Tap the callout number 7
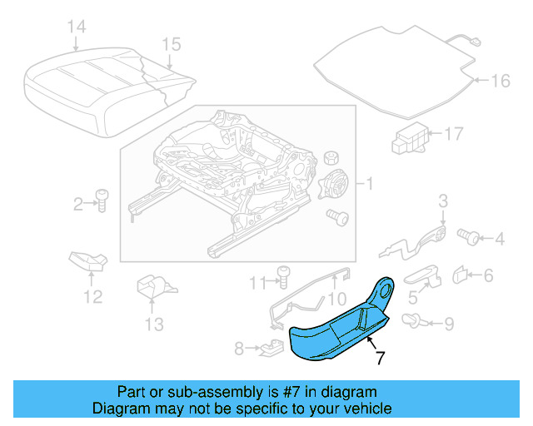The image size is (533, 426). (380, 359)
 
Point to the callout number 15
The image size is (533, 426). (171, 44)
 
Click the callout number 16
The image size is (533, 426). (500, 81)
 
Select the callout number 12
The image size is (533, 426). (92, 296)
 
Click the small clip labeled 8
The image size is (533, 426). (269, 347)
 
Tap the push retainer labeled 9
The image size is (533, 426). (412, 319)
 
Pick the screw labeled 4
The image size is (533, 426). (469, 239)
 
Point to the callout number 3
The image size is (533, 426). (443, 200)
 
